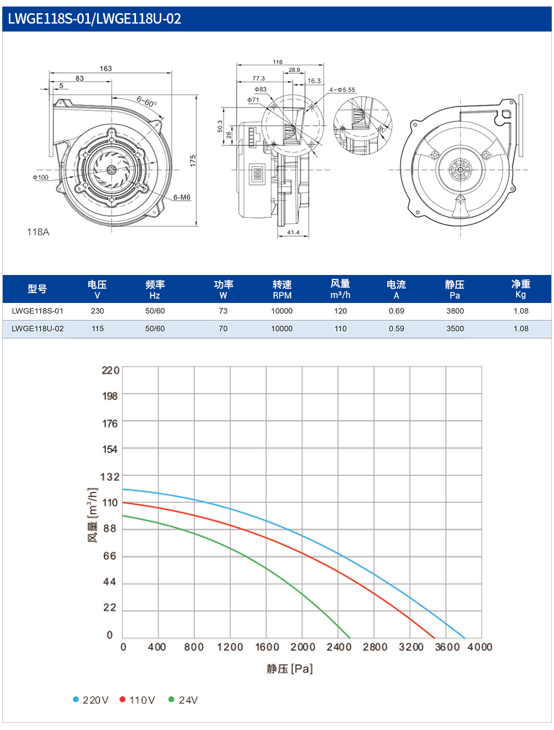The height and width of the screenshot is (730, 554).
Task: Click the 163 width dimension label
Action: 106,69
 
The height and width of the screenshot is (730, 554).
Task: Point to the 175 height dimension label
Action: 193,161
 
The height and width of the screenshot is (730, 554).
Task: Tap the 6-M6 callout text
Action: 182,197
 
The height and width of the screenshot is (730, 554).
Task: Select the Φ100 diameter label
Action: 41,177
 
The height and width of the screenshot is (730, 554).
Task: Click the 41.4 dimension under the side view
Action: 293,233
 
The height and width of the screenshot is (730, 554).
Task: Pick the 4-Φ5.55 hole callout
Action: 342,90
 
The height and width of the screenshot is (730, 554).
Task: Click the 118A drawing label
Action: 38,232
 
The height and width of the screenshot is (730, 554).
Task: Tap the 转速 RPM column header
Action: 282,289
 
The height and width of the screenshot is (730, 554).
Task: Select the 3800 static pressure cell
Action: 455,311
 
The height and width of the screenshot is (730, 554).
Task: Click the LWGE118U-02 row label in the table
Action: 37,329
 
